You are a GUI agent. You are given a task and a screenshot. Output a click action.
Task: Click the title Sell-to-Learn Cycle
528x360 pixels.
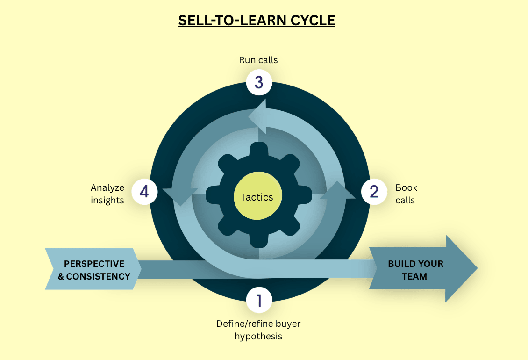[257, 21]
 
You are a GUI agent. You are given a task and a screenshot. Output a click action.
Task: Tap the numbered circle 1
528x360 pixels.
[258, 300]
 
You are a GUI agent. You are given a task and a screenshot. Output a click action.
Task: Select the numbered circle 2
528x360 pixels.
[374, 192]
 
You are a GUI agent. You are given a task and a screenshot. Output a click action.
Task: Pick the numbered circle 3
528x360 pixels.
[258, 83]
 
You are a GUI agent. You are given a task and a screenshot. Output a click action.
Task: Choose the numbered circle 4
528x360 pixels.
[144, 192]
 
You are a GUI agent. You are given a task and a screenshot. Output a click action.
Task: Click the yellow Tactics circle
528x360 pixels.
[257, 197]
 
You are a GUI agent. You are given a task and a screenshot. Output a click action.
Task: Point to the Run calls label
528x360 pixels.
[258, 60]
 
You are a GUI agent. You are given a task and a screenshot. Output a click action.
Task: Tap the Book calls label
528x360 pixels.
[406, 194]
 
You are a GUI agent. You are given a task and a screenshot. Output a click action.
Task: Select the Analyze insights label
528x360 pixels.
[107, 194]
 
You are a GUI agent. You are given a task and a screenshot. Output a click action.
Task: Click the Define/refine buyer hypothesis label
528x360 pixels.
[258, 330]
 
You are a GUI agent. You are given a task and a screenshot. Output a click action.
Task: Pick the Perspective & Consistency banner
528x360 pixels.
[93, 270]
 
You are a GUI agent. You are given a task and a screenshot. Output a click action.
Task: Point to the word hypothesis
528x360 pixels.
[258, 336]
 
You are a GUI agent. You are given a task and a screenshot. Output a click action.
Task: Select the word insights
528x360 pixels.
[107, 201]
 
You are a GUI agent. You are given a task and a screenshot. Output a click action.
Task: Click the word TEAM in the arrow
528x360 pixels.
[414, 276]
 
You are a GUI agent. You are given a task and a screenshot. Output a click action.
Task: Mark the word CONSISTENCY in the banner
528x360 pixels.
[98, 276]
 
